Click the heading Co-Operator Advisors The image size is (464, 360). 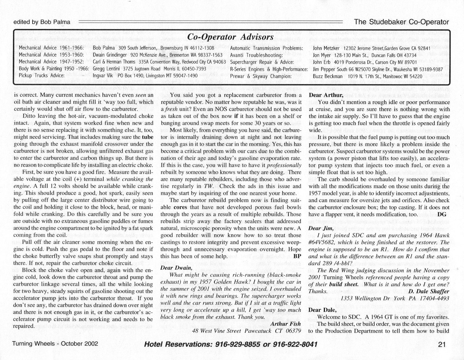tap(231, 37)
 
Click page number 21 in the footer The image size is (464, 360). tap(442, 344)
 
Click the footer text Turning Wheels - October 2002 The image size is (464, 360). tap(55, 344)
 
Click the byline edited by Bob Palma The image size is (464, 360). tap(42, 22)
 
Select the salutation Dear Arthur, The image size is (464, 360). tap(326, 95)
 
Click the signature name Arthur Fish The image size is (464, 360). tap(285, 324)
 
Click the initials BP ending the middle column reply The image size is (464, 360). tap(297, 256)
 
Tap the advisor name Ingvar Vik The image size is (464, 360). tap(103, 76)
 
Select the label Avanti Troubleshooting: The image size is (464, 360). tap(256, 55)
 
